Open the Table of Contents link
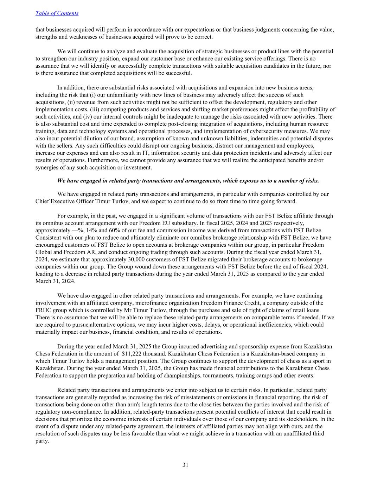click(57, 13)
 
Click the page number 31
click(185, 465)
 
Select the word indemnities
click(268, 139)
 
